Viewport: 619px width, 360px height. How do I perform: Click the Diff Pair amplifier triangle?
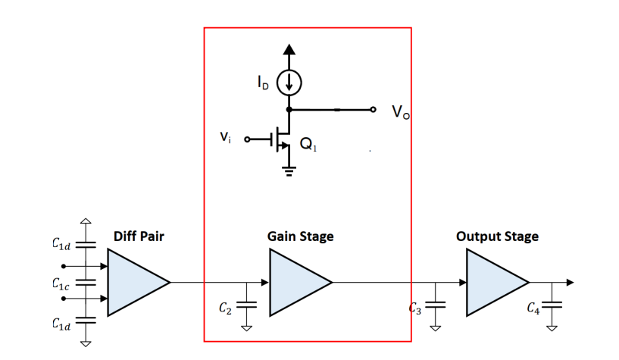pyautogui.click(x=133, y=282)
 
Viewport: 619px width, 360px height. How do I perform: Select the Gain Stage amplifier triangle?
pyautogui.click(x=295, y=282)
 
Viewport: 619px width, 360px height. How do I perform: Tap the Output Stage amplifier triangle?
pyautogui.click(x=492, y=282)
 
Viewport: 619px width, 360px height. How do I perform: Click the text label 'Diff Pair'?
pyautogui.click(x=139, y=236)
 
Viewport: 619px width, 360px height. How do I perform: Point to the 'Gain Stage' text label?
pyautogui.click(x=300, y=236)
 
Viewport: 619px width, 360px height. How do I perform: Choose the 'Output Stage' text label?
pyautogui.click(x=497, y=236)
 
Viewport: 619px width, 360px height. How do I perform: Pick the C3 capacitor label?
pyautogui.click(x=414, y=308)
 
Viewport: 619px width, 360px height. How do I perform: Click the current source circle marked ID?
pyautogui.click(x=289, y=83)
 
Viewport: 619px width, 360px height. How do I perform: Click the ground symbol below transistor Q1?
pyautogui.click(x=289, y=170)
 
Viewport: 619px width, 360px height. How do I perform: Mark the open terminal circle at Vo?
pyautogui.click(x=372, y=109)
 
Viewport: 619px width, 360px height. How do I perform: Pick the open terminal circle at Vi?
pyautogui.click(x=247, y=139)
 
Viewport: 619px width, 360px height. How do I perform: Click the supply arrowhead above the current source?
pyautogui.click(x=289, y=50)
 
